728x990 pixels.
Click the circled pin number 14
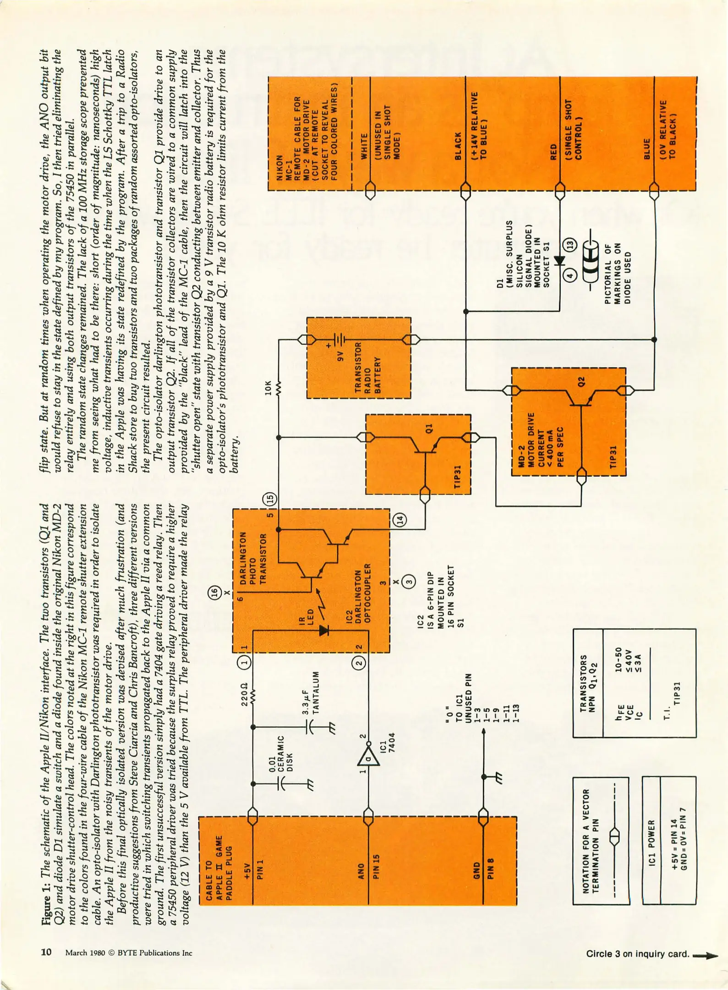[400, 520]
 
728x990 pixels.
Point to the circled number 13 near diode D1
[569, 245]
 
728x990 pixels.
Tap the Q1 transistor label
[429, 428]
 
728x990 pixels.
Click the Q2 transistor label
[581, 381]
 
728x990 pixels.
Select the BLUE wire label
[647, 149]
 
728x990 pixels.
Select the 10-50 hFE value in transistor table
[618, 660]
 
